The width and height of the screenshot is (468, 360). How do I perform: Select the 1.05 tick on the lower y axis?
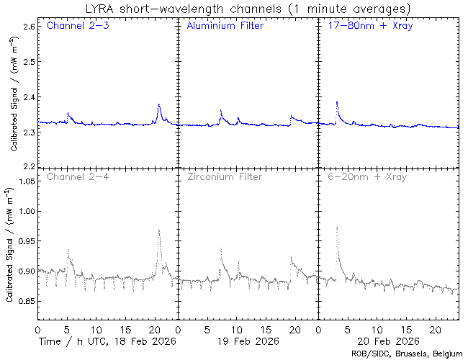(x=26, y=181)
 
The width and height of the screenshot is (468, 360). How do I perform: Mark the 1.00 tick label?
(x=26, y=212)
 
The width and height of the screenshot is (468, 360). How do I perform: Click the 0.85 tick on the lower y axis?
(x=26, y=301)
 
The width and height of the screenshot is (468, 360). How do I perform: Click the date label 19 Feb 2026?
(x=247, y=340)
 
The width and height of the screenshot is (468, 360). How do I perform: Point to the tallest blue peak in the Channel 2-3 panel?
(x=158, y=105)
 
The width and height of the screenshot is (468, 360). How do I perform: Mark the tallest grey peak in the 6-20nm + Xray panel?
(x=337, y=228)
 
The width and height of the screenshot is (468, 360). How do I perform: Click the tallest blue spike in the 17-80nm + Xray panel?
(x=337, y=103)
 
